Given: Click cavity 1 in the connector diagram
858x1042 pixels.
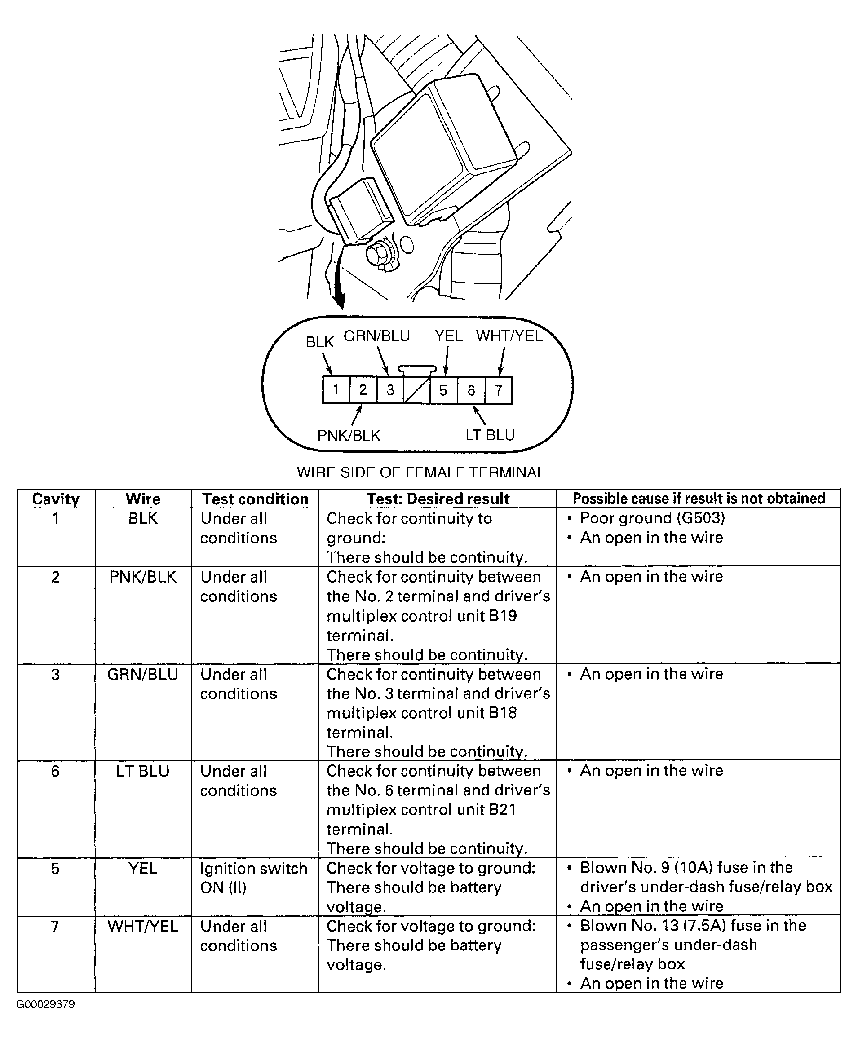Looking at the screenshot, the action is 336,390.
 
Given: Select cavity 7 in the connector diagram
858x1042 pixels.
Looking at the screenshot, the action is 498,390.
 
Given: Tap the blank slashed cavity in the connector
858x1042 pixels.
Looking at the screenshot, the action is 416,390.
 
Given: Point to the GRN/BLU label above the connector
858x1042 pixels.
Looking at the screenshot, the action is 376,336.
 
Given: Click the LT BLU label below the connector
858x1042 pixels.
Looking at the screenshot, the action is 490,435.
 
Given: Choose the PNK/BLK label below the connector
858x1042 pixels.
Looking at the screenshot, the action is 349,435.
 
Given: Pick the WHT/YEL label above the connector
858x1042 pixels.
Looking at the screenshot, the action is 509,336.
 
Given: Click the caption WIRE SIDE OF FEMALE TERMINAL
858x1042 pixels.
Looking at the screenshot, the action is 420,472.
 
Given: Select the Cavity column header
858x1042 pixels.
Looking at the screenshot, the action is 56,499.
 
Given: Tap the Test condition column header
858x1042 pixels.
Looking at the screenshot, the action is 256,499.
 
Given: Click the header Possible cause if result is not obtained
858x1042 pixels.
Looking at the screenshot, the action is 699,499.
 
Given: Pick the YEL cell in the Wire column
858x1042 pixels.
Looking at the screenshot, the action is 143,868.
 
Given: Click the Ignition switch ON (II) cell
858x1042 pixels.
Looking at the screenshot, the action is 253,878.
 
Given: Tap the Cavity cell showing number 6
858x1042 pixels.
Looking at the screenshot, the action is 55,771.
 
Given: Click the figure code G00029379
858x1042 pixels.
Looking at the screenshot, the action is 45,1004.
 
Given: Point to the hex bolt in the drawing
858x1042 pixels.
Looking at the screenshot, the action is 380,253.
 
